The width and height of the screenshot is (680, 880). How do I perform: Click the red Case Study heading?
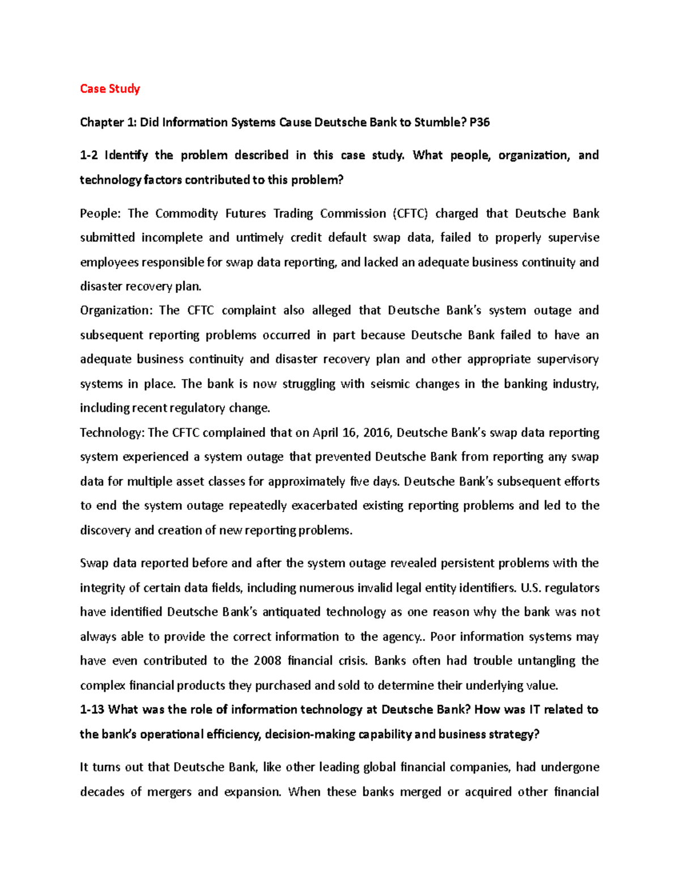[110, 88]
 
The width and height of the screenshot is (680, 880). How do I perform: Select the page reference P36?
[479, 122]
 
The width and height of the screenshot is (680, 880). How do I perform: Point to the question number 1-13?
[92, 709]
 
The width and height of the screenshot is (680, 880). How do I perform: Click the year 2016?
[377, 433]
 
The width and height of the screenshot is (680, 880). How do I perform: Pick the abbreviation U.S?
[529, 588]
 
